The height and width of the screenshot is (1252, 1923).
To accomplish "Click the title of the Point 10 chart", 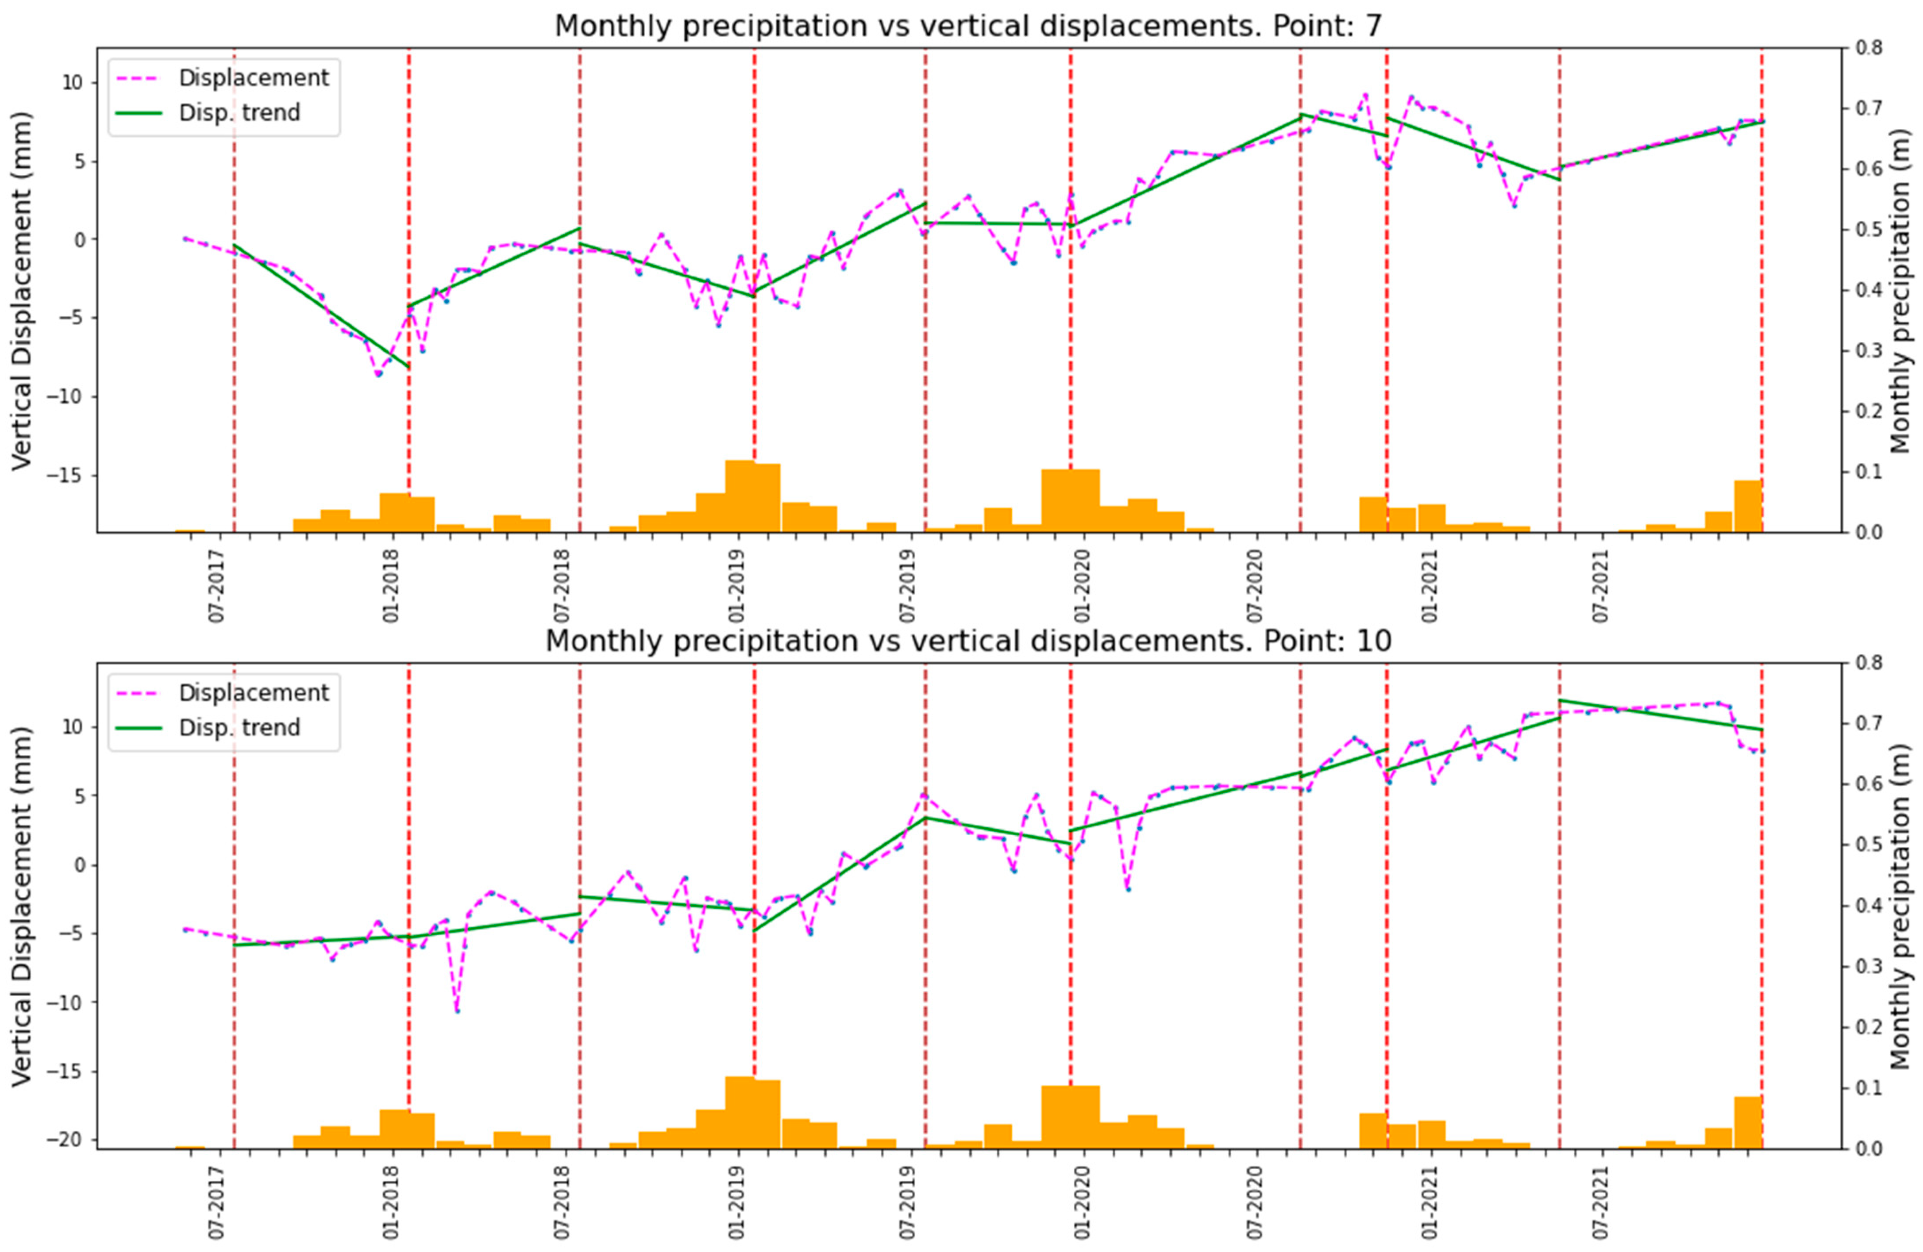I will [968, 641].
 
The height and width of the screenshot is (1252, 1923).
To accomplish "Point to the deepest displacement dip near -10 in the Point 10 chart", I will [457, 1010].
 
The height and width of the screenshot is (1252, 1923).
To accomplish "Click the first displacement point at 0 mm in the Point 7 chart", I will [185, 239].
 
